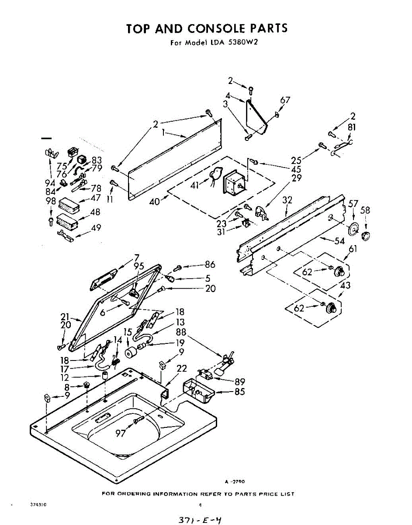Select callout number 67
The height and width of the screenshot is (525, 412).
coord(284,101)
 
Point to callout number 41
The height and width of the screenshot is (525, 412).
coord(195,185)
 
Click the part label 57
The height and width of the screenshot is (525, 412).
coord(353,203)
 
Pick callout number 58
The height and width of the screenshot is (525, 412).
coord(366,211)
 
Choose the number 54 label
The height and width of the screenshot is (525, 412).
coord(339,241)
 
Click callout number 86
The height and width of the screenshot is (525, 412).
coord(210,265)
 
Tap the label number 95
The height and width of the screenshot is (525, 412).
coord(138,266)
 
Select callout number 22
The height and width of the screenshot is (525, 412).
coord(182,369)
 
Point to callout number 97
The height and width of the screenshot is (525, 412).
coord(121,433)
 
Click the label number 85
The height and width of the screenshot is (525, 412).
coord(239,392)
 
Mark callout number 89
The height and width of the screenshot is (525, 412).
coord(240,381)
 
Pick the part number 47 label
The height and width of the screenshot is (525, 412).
coord(96,198)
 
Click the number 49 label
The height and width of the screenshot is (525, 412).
coord(96,227)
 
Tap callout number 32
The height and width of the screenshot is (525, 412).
coord(287,200)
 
